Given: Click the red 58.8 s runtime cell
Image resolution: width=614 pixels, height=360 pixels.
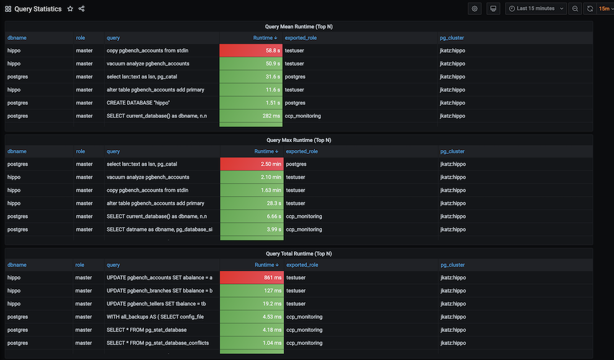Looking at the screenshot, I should (251, 50).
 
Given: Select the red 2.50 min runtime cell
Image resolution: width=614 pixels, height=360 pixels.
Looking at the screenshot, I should (252, 164).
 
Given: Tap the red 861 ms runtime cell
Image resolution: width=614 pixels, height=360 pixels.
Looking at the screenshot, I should (252, 278).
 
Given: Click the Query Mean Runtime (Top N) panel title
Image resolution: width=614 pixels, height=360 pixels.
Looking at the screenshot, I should (299, 27).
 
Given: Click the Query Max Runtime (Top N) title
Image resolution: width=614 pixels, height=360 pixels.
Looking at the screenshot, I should (299, 140).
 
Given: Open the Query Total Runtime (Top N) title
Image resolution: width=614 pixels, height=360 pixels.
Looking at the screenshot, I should (299, 253).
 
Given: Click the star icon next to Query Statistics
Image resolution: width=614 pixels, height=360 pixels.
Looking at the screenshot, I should (70, 9).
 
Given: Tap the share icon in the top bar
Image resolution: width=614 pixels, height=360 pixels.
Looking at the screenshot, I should (82, 9).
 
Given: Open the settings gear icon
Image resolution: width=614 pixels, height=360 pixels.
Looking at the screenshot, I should (475, 9).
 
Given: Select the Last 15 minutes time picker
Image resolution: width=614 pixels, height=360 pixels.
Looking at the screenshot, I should (536, 9).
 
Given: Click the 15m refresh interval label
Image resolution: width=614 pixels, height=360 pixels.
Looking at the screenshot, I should (604, 9).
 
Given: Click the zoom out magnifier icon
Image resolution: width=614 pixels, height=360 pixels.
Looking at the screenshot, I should (575, 9).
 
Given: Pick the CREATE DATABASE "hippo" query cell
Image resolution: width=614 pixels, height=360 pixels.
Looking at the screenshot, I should (138, 103).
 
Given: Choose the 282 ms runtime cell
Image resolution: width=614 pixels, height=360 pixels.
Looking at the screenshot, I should (251, 116).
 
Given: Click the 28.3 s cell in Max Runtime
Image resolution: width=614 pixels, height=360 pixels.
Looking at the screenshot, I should (252, 204).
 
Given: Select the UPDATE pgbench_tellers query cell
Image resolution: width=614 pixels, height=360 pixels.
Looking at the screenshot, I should (156, 304).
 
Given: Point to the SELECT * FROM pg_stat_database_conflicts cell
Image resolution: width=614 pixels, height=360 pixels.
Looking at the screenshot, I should (158, 343).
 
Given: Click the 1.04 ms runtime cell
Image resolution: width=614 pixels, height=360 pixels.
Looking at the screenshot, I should (252, 343).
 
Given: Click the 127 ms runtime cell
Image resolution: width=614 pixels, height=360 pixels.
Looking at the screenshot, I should (252, 291).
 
